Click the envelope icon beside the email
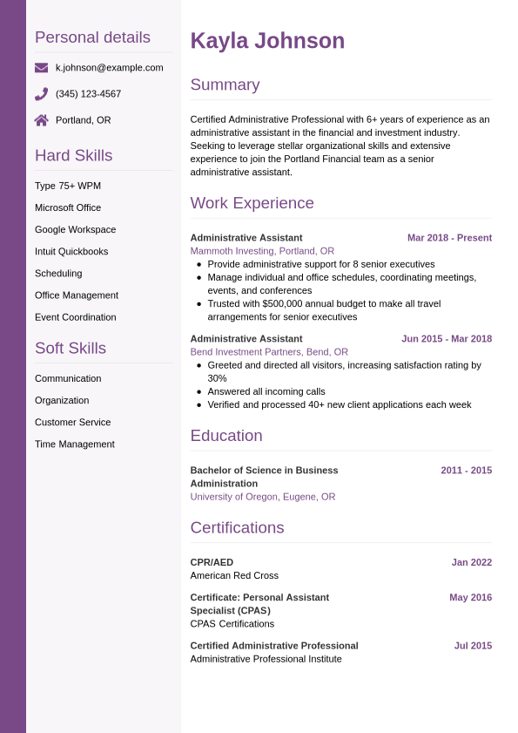tap(41, 67)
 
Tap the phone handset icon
tap(41, 93)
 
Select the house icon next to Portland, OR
tap(41, 120)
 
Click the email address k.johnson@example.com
tap(109, 67)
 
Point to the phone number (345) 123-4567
tap(88, 93)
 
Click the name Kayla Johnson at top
tap(267, 41)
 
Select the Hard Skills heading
tap(73, 156)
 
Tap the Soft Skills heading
tap(70, 349)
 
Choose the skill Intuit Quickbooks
tap(71, 251)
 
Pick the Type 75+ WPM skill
tap(68, 186)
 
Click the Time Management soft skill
tap(74, 444)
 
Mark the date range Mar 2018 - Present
tap(449, 238)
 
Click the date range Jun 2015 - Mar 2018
tap(446, 339)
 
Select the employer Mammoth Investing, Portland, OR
tap(262, 251)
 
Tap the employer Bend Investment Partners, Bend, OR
tap(269, 352)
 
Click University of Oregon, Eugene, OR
tap(262, 497)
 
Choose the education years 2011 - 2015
tap(466, 471)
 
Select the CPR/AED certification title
tap(212, 563)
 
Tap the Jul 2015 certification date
tap(473, 646)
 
